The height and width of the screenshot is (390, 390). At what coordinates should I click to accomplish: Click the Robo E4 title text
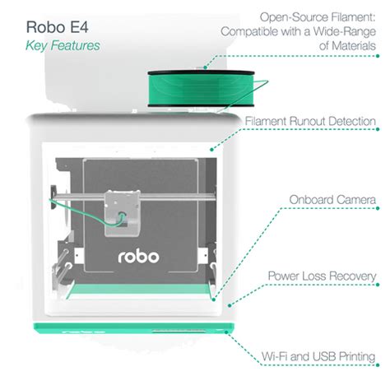tap(57, 27)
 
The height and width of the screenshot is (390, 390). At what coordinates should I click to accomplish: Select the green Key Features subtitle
tap(63, 45)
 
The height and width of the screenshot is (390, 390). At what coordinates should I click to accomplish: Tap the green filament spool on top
tap(201, 89)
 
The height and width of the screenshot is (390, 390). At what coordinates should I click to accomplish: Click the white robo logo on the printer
tap(138, 257)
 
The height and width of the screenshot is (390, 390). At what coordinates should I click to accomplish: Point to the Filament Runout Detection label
tap(310, 121)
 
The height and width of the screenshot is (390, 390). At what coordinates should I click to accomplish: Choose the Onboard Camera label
tap(332, 200)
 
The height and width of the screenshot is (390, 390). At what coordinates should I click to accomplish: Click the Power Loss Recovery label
tap(322, 276)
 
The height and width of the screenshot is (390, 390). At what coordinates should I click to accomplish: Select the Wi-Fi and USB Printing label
tap(318, 356)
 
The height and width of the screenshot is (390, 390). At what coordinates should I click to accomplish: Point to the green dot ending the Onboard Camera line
tap(378, 208)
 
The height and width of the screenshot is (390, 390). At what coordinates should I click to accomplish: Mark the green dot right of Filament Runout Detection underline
tap(378, 129)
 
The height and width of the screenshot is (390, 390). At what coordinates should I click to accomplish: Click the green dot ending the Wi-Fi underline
tap(378, 365)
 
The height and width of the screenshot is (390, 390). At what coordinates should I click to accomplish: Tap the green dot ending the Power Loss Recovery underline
tap(378, 285)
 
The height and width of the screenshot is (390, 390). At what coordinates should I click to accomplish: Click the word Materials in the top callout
tap(354, 45)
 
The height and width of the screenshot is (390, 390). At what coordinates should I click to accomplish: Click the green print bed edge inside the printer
tap(138, 290)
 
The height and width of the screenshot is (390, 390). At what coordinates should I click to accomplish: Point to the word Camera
tap(355, 200)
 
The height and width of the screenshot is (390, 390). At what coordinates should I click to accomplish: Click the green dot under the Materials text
tap(378, 56)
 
